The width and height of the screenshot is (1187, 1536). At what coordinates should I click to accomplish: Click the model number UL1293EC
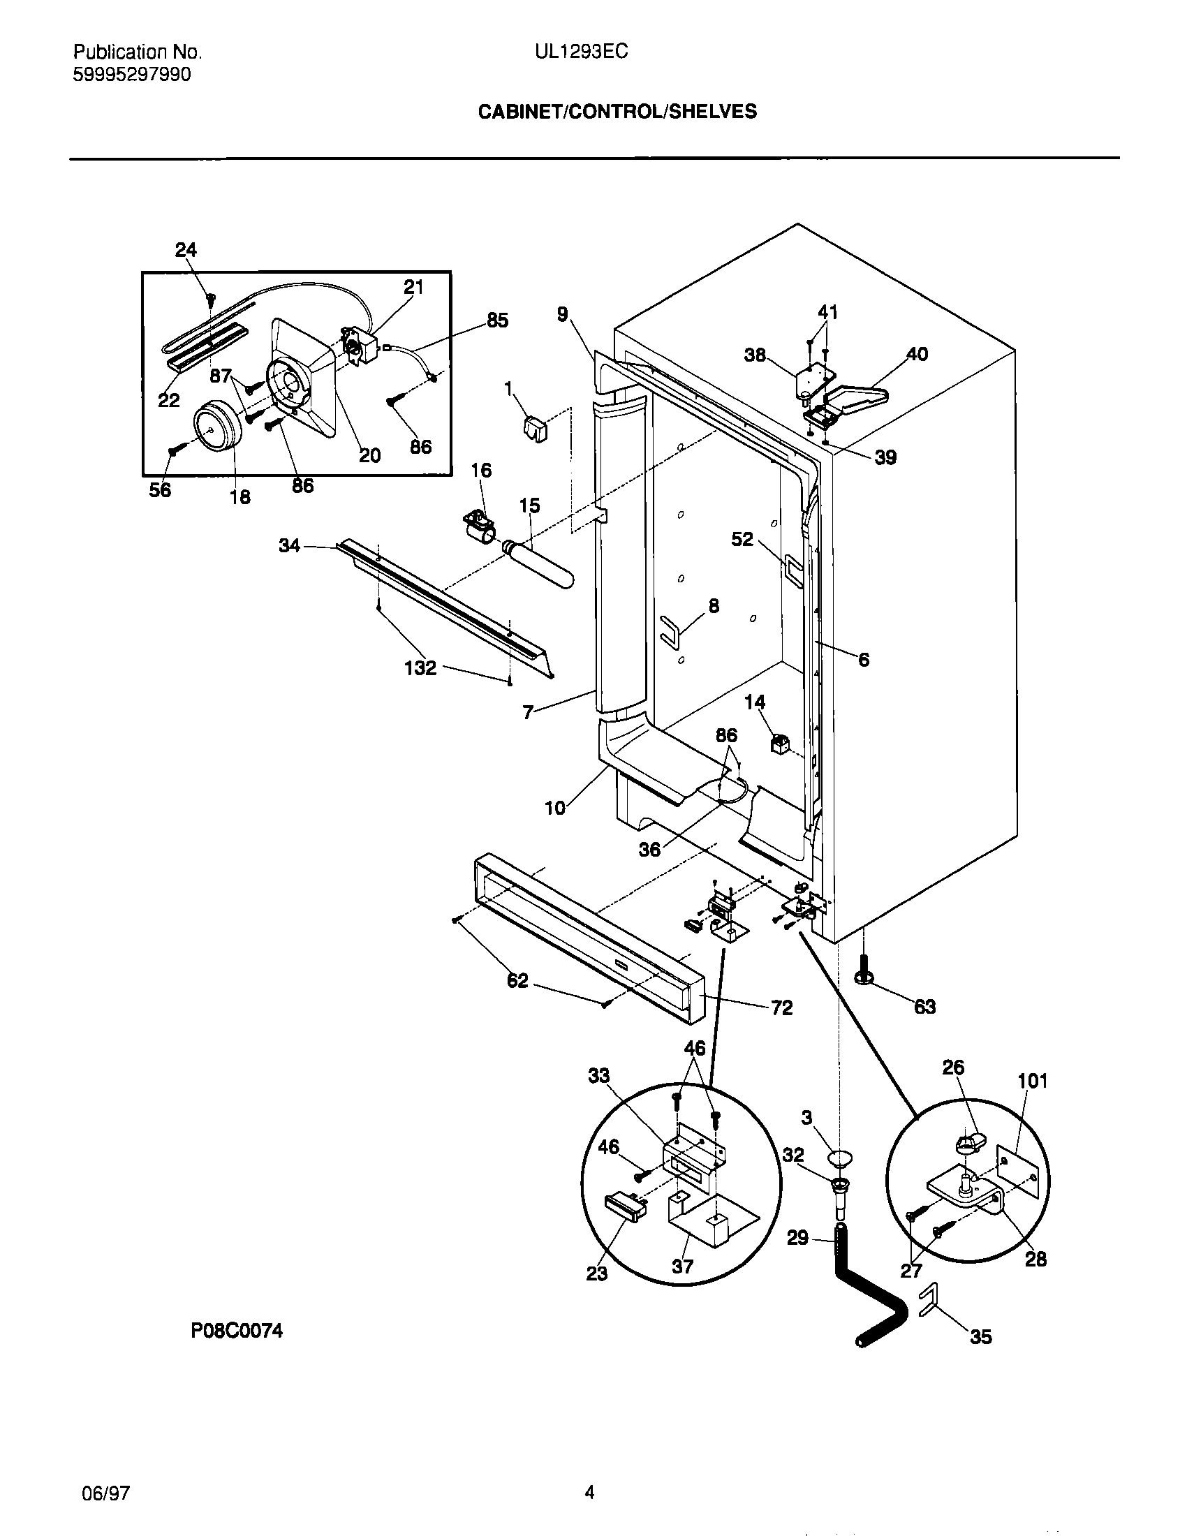[x=581, y=52]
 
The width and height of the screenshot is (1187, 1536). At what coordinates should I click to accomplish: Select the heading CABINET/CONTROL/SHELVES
[x=617, y=112]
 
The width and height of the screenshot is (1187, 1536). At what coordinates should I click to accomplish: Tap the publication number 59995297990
[x=131, y=75]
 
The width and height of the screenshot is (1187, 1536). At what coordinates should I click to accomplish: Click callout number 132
[x=420, y=667]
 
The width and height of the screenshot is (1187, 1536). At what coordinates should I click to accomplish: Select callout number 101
[x=1032, y=1080]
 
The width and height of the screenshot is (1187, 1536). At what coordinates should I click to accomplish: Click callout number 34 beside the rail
[x=290, y=545]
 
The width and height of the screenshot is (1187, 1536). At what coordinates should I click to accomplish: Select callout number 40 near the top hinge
[x=916, y=354]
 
